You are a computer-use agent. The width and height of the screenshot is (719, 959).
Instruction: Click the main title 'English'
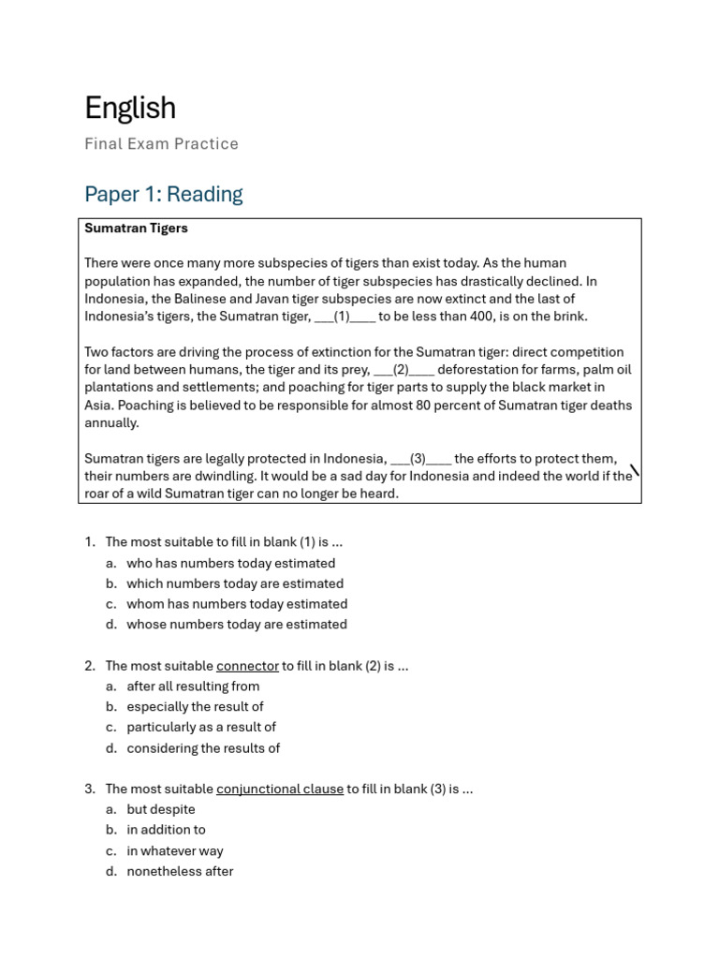(x=130, y=109)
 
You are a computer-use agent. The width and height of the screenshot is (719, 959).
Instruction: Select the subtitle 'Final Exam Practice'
(x=161, y=144)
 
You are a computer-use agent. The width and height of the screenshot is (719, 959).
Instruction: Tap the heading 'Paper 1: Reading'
(x=163, y=194)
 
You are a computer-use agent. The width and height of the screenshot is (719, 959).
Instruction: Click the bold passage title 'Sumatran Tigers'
(x=136, y=229)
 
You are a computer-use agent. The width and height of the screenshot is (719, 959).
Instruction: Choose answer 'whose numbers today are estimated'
(x=237, y=625)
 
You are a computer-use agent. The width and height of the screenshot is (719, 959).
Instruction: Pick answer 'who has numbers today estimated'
(x=230, y=564)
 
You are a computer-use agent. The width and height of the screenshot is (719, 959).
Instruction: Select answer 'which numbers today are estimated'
(x=235, y=584)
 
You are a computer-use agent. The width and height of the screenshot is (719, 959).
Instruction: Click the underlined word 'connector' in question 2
(x=247, y=666)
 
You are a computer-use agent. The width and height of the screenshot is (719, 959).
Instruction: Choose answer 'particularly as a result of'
(x=201, y=728)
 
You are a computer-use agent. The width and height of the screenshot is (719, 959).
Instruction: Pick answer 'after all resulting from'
(x=193, y=686)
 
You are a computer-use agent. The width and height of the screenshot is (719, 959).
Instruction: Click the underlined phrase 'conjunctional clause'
(x=280, y=789)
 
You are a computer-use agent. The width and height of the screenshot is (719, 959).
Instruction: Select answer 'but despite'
(x=161, y=810)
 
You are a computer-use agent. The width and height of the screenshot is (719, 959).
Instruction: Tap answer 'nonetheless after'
(x=180, y=872)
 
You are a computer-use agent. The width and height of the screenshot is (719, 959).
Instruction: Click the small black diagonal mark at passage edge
(x=635, y=470)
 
